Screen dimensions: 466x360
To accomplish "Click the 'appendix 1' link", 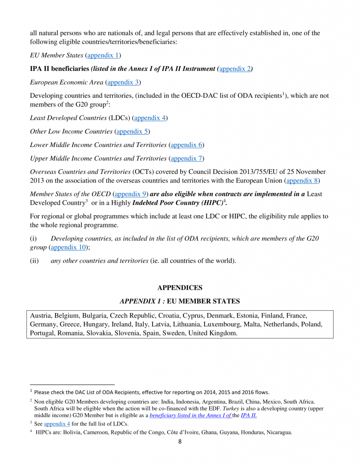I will click(102, 56).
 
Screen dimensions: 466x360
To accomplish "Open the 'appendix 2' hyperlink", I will click(235, 69).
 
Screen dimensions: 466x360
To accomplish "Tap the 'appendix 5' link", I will click(132, 132).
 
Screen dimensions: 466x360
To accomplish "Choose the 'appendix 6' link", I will click(187, 145).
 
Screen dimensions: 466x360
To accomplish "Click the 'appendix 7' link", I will click(187, 158).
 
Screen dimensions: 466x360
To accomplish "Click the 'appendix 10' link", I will click(68, 248).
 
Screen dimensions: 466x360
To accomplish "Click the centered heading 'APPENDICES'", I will click(180, 288).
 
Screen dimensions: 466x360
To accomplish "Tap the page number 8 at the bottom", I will click(180, 441).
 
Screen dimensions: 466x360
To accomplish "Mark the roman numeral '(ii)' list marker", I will click(35, 261).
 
